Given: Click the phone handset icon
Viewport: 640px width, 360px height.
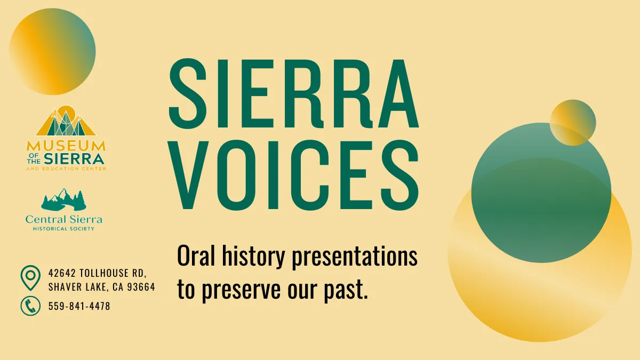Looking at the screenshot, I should coord(30,306).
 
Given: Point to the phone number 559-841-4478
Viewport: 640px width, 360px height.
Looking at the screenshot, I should coord(79,306).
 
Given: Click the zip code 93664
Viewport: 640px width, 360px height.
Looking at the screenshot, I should coord(141,287).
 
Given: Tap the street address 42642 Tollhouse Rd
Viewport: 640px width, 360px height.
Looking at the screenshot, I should coord(97,273).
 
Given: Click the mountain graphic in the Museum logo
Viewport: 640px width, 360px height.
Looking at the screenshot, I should coord(66,122).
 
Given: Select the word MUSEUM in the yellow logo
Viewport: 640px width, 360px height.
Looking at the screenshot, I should coord(66,145).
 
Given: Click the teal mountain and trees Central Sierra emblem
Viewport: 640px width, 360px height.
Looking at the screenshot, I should coord(63,199).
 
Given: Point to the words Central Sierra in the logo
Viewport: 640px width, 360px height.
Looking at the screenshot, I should coord(64,219).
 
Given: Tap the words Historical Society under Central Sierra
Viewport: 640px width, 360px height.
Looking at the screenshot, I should coord(63,229).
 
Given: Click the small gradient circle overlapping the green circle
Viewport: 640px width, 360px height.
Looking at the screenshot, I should coord(572,123).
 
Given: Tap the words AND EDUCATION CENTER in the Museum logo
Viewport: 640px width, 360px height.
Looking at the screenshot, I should coord(66,168).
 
